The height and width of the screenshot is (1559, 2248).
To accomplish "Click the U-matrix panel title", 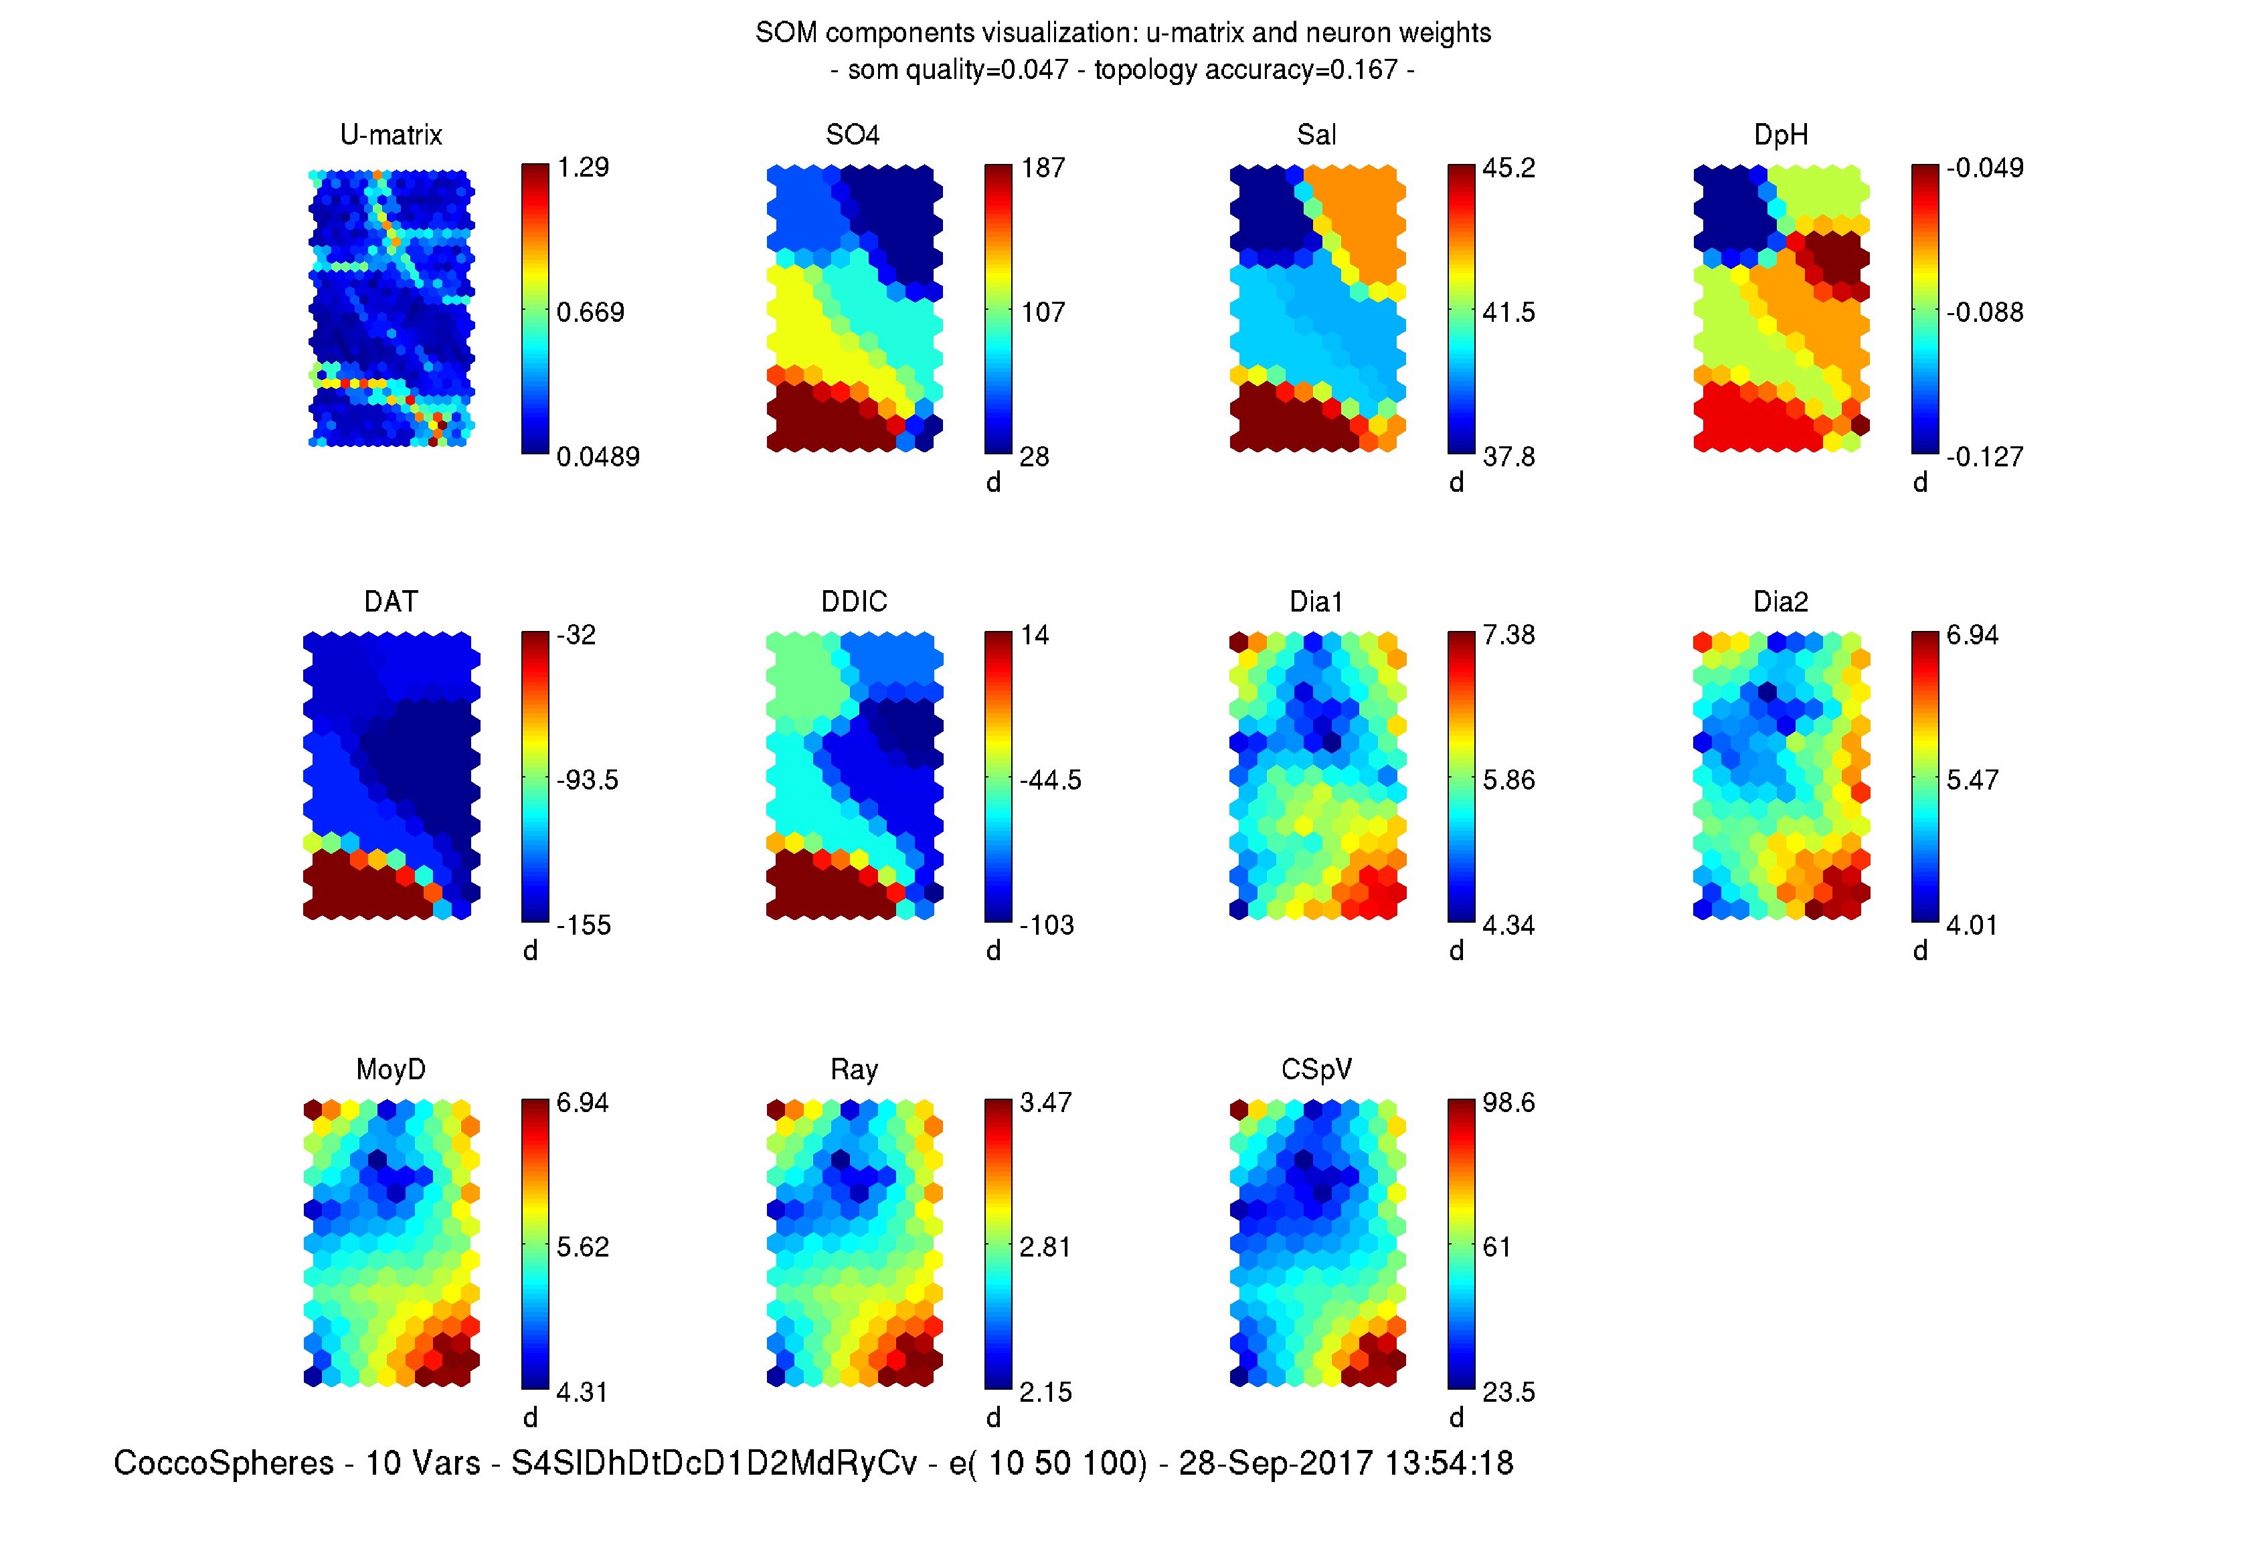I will coord(391,134).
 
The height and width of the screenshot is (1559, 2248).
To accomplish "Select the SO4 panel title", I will coord(852,134).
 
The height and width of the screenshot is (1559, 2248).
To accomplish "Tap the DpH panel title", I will coord(1780,134).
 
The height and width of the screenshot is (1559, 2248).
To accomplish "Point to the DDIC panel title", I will coord(854,602).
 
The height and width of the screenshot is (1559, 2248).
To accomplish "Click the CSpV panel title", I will coord(1316,1070).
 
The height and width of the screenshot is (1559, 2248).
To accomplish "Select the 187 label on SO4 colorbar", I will coord(1043,168).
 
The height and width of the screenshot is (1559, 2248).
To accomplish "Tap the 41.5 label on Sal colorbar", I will coord(1508,312).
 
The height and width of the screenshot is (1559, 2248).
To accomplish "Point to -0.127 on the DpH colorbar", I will coord(1984,457).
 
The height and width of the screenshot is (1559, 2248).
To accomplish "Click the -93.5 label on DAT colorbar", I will coord(587,780).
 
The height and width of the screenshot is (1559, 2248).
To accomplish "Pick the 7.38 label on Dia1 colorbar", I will coord(1508,636).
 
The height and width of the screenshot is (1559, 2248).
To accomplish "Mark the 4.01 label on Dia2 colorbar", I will coord(1972,925).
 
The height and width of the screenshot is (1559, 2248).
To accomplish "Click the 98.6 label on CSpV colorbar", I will coord(1508,1103).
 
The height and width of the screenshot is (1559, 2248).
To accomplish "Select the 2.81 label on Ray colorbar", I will coord(1045,1247).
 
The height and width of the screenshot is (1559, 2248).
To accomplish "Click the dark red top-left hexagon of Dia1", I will coord(1239,642).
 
